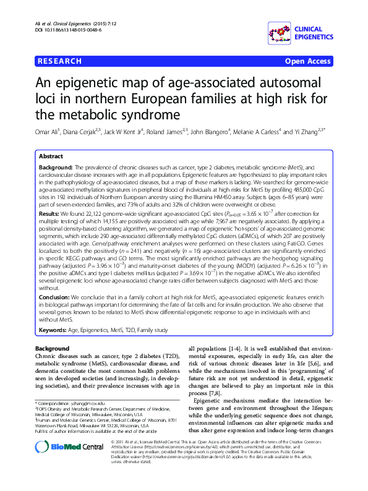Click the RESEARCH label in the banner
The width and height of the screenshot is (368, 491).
(60, 61)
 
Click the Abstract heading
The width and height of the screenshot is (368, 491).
(51, 156)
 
